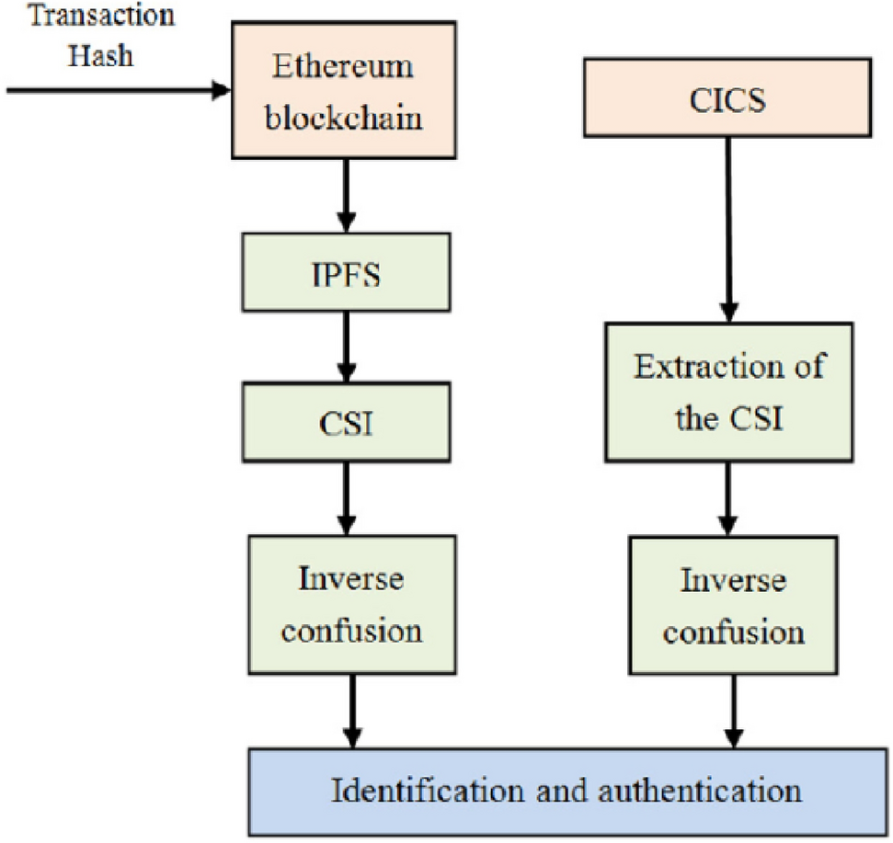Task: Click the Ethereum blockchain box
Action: click(x=345, y=90)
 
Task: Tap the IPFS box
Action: click(x=345, y=271)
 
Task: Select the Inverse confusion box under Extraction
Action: click(x=733, y=606)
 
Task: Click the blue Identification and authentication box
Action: click(x=564, y=791)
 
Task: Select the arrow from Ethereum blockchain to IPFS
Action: click(x=346, y=193)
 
